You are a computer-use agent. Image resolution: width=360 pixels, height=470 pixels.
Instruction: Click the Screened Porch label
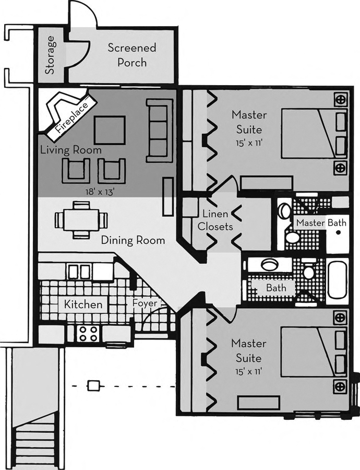click(131, 55)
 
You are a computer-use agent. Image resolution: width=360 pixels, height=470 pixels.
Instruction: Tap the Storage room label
click(50, 55)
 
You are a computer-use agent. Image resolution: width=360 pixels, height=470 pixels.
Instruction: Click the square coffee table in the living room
click(110, 131)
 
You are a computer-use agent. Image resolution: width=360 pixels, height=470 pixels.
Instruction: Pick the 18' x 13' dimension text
click(100, 191)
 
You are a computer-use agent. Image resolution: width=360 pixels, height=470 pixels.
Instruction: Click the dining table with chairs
click(81, 220)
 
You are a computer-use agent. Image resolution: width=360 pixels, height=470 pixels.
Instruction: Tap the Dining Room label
click(133, 241)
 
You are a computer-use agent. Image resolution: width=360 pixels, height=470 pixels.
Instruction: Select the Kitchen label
click(83, 304)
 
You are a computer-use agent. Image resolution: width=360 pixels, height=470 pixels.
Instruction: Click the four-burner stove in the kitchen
click(87, 334)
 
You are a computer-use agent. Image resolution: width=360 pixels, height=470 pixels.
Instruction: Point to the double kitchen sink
click(79, 271)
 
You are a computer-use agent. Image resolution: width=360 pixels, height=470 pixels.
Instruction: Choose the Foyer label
click(142, 303)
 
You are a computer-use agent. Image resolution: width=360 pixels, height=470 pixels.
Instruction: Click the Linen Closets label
click(218, 220)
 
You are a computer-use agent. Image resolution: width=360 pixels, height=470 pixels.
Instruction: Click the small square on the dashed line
click(93, 386)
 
